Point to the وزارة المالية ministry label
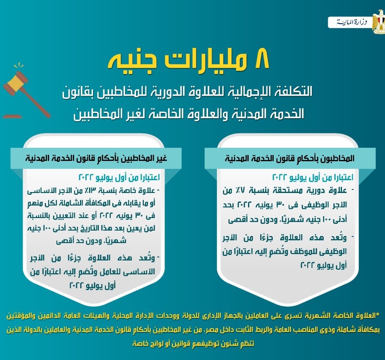tap(352, 22)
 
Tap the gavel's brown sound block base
tap(13, 116)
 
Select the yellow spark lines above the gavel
tap(19, 66)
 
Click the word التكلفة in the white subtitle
tap(294, 91)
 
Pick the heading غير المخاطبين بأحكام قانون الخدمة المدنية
tap(96, 158)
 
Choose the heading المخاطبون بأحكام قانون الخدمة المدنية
tap(290, 158)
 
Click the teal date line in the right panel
tap(313, 177)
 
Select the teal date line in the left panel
tap(119, 177)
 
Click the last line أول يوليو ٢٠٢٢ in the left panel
tap(92, 286)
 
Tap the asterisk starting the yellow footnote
tap(377, 315)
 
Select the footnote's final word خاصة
tap(141, 344)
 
